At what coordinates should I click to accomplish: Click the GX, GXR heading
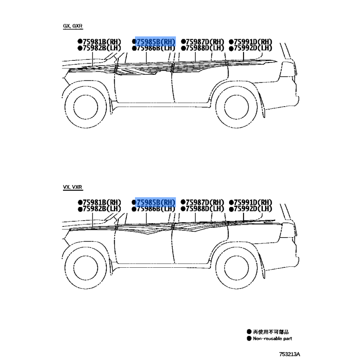72,26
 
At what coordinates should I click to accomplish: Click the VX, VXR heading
72,187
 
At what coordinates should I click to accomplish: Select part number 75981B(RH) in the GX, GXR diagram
102,42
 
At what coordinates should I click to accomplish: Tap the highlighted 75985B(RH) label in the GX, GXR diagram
156,42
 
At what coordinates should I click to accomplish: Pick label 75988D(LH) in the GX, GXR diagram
205,48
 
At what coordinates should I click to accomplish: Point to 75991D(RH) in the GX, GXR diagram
253,42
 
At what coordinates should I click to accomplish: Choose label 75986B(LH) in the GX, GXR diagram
156,48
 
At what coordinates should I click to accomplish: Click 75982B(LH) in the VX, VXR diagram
102,209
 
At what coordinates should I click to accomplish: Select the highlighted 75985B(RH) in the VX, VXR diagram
156,202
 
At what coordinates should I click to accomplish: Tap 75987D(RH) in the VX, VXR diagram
205,202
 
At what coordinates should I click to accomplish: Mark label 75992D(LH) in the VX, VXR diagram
253,209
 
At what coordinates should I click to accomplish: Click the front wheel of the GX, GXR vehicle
85,107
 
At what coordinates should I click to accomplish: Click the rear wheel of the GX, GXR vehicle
237,107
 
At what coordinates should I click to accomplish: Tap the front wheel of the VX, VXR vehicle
85,268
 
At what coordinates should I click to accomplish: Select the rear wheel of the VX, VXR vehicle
237,268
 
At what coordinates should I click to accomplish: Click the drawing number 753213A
289,354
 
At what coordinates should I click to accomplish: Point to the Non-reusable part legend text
273,338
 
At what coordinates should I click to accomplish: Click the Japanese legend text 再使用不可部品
271,332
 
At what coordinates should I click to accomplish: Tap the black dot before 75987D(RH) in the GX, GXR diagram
183,41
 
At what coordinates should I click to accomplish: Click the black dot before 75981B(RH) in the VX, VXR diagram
80,202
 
